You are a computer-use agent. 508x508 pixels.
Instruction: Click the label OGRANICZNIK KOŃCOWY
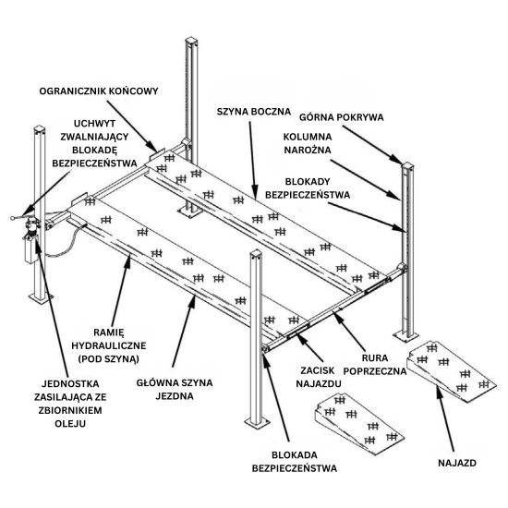(99, 91)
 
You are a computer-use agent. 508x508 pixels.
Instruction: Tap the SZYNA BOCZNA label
(254, 112)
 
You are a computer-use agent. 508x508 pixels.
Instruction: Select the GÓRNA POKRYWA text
(341, 117)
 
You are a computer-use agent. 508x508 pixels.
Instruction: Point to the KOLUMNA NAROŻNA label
(308, 143)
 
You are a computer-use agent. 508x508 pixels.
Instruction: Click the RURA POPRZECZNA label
(375, 365)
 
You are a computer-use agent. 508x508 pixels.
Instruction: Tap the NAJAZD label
(457, 463)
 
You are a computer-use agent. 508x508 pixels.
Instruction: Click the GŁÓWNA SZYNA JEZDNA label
(175, 389)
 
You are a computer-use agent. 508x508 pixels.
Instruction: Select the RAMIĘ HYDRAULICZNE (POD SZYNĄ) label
(109, 345)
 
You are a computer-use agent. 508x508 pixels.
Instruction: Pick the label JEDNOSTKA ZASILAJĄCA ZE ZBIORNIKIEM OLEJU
(70, 404)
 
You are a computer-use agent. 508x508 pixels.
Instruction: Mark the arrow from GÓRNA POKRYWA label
(372, 145)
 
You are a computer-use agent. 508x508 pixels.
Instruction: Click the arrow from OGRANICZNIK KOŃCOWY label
(132, 127)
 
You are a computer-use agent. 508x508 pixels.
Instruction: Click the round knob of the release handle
(12, 218)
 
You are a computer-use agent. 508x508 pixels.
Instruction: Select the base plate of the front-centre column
(257, 422)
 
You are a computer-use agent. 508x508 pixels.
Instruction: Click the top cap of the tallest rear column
(191, 40)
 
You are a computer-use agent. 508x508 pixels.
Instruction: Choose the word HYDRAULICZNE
(109, 345)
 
